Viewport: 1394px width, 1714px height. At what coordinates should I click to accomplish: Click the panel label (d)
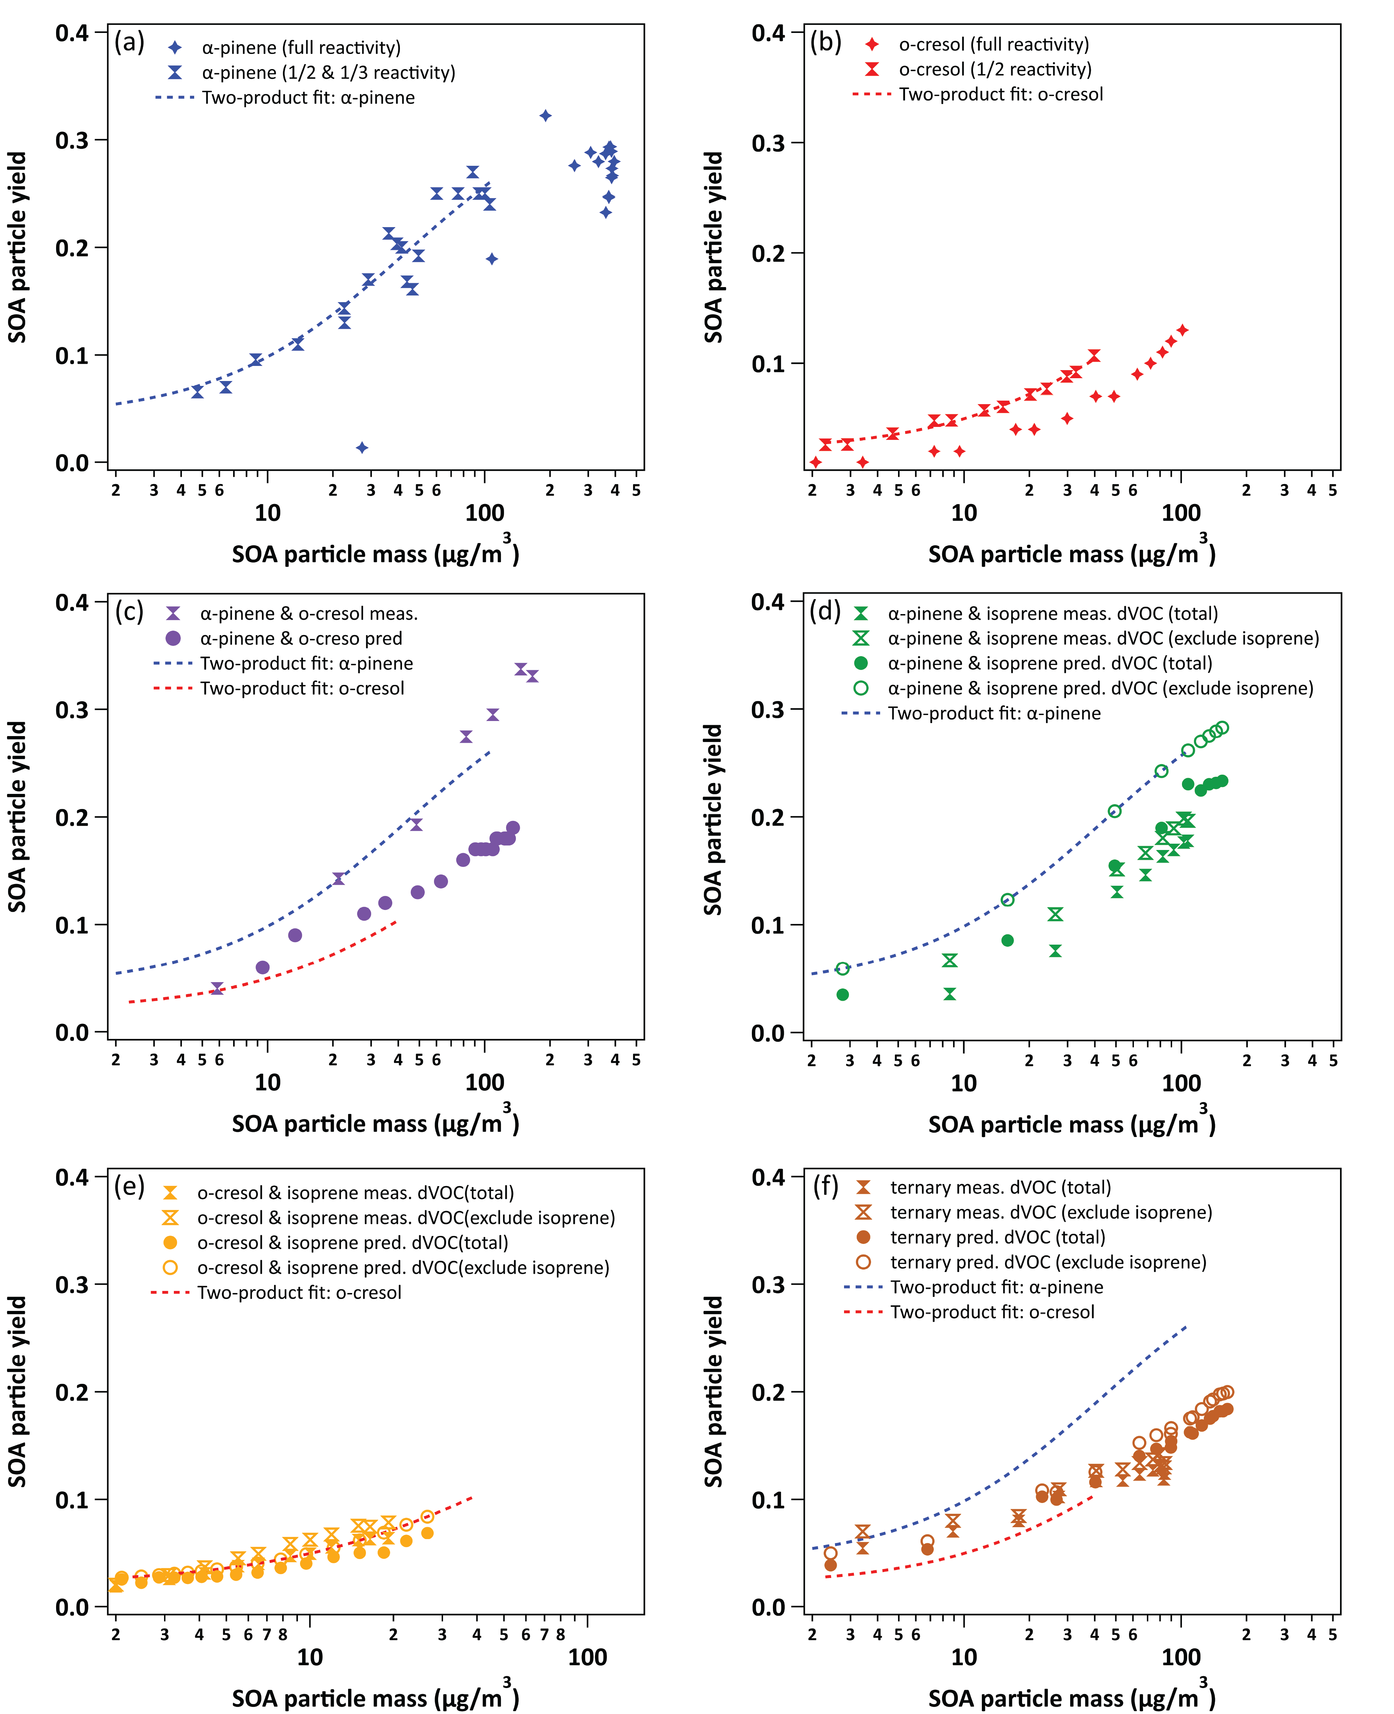tap(825, 612)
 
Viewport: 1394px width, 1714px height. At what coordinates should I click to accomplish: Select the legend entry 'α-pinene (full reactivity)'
tap(301, 47)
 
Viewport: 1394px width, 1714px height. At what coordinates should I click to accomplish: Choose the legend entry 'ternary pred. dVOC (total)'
tap(997, 1237)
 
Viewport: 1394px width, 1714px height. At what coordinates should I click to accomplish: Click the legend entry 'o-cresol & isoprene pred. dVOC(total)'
tap(353, 1243)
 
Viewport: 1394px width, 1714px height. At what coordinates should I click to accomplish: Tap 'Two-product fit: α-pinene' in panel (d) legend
tap(994, 713)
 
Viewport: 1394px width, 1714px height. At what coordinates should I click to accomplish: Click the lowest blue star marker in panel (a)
tap(362, 447)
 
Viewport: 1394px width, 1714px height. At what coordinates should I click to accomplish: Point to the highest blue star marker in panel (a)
tap(545, 116)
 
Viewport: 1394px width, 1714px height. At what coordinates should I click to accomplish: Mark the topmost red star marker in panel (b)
tap(1182, 330)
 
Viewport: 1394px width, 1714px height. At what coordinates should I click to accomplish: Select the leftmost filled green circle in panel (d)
tap(842, 995)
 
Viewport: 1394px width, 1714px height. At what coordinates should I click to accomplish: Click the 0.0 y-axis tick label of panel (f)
tap(768, 1607)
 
